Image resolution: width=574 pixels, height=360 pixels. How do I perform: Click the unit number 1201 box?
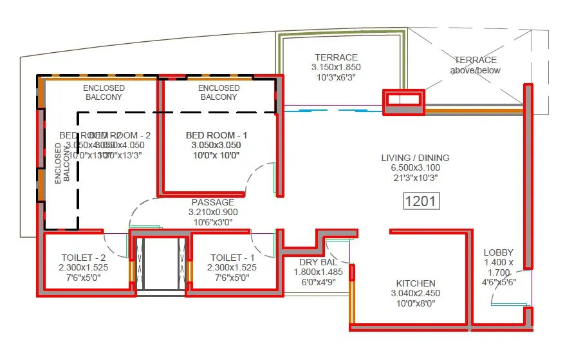click(x=420, y=201)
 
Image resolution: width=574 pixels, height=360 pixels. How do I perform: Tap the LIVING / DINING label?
click(x=415, y=158)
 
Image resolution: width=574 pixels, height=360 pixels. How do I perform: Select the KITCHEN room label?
click(x=416, y=283)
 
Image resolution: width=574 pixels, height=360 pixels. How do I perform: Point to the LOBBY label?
click(x=499, y=253)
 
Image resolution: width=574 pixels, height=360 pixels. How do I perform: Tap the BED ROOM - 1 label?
click(x=216, y=135)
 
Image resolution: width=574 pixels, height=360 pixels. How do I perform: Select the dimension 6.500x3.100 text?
click(x=415, y=167)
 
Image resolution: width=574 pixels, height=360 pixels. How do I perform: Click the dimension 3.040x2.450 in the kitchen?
click(x=416, y=294)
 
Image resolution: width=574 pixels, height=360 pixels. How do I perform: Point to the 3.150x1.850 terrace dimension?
click(x=336, y=67)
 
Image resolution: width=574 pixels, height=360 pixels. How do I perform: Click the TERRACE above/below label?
click(x=475, y=65)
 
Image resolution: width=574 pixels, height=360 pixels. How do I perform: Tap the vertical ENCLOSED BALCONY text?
click(x=62, y=164)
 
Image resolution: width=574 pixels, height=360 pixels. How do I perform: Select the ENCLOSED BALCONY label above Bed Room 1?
click(x=219, y=92)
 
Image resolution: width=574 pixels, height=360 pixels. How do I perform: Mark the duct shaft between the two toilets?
click(x=161, y=264)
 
